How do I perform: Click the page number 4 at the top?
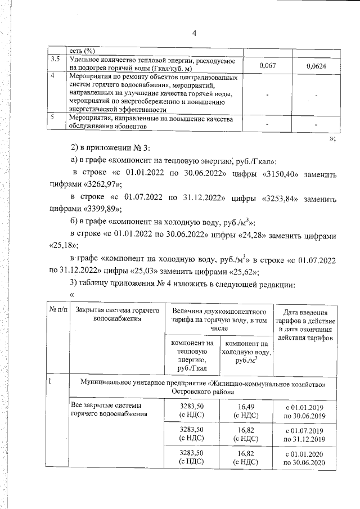[193, 33]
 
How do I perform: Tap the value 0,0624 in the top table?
[316, 66]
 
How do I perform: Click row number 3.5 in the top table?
[56, 60]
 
